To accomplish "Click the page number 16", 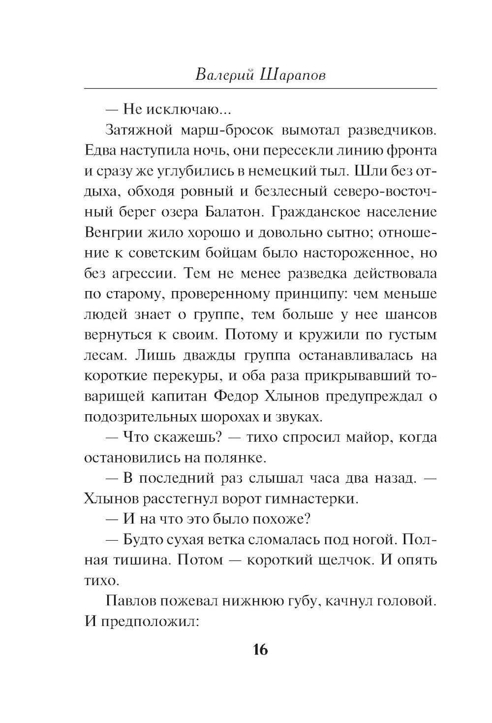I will tap(260, 650).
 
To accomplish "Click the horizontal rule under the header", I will tap(260, 89).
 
